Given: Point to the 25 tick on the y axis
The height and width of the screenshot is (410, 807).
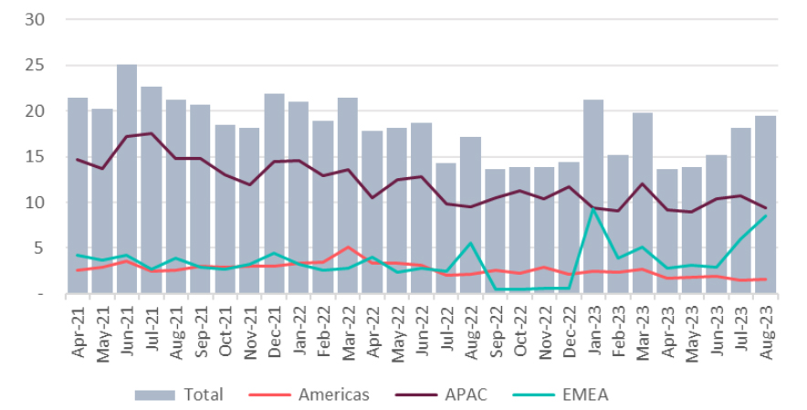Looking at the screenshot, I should point(37,65).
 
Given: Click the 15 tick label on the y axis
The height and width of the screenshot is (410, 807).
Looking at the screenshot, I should point(37,156).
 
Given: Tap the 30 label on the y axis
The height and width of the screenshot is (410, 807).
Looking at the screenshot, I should point(37,19).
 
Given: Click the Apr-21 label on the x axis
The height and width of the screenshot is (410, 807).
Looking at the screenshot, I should point(79,331).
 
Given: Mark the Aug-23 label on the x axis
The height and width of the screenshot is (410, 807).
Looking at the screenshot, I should point(766,331).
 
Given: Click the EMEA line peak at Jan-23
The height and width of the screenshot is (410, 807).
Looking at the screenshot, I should point(593,209).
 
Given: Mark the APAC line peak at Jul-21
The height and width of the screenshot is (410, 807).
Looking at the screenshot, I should point(152,133).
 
